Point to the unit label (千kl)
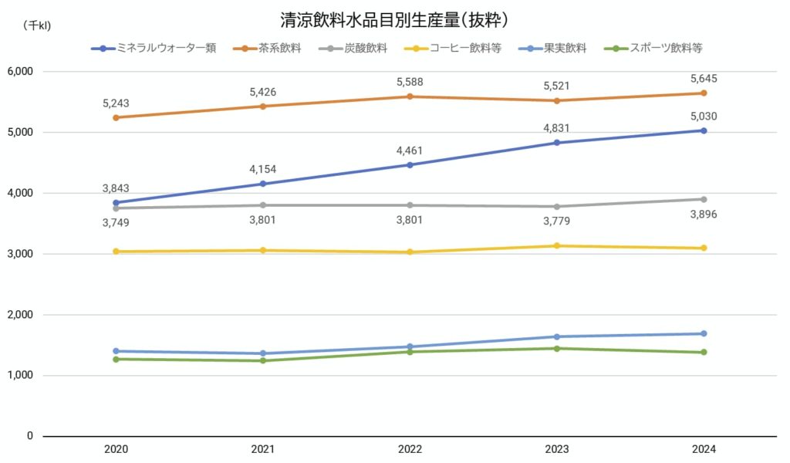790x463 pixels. pyautogui.click(x=36, y=25)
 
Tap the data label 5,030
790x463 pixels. pyautogui.click(x=704, y=116)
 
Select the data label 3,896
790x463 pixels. pyautogui.click(x=704, y=215)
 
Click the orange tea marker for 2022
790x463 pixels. pyautogui.click(x=410, y=96)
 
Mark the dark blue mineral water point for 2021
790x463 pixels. pyautogui.click(x=263, y=184)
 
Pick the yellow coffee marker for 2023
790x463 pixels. pyautogui.click(x=557, y=245)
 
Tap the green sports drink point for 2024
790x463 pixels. pyautogui.click(x=704, y=352)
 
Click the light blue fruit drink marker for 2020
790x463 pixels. pyautogui.click(x=116, y=351)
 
